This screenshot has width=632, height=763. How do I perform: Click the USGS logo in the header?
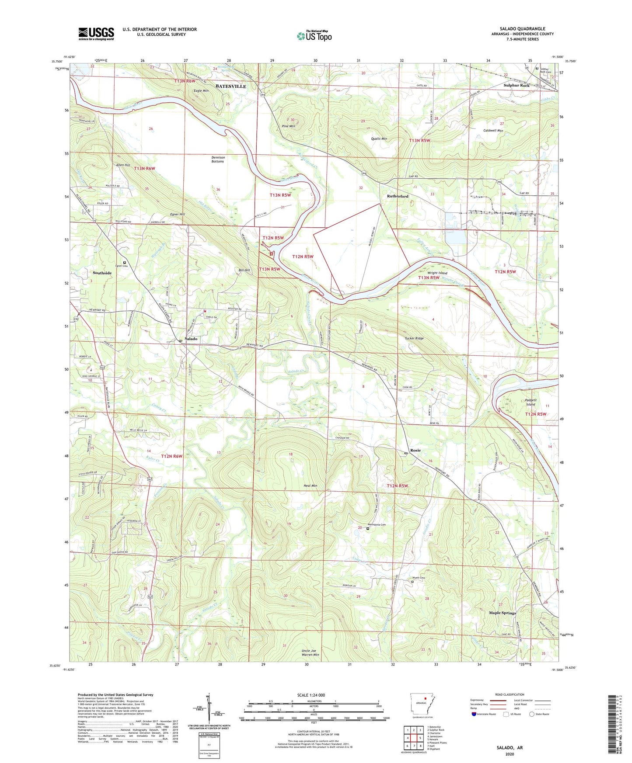(x=96, y=33)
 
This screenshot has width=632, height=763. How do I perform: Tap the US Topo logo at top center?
(x=314, y=36)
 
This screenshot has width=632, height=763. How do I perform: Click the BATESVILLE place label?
(x=230, y=87)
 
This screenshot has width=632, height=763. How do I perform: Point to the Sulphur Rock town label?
(x=517, y=86)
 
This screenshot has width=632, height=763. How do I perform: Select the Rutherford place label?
(x=398, y=196)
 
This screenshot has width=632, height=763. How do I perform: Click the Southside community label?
(x=102, y=273)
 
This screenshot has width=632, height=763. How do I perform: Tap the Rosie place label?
(x=415, y=450)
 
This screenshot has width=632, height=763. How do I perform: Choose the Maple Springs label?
(x=502, y=613)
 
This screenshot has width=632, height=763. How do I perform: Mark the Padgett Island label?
(x=531, y=402)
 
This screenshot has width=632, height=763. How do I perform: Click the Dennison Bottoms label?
(x=218, y=159)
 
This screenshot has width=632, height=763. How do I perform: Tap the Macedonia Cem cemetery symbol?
(x=368, y=528)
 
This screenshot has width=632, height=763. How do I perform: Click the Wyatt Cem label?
(x=419, y=578)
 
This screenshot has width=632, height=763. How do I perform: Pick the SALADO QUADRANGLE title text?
(x=522, y=29)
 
